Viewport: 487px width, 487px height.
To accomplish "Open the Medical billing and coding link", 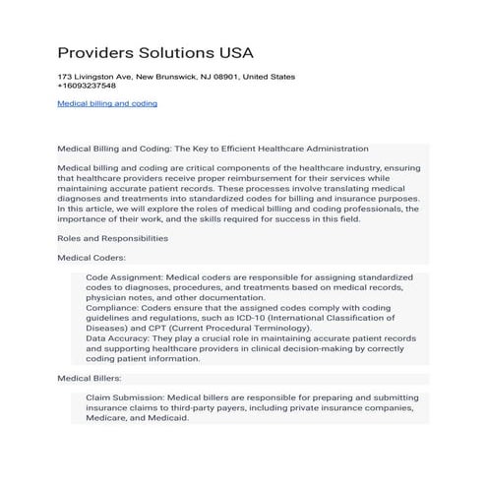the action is tap(107, 102).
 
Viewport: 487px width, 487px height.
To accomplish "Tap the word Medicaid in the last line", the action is tap(166, 417).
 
